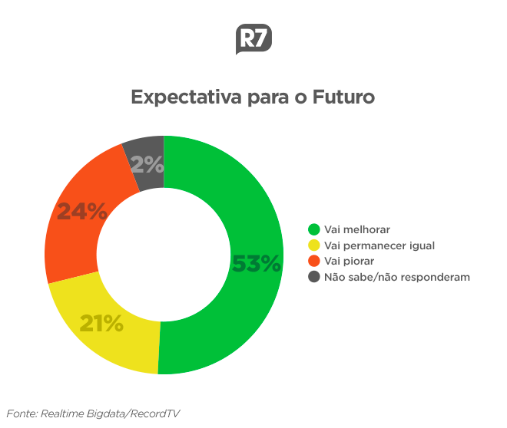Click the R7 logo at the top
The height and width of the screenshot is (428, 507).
coord(253,40)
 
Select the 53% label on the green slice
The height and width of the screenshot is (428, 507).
coord(257,264)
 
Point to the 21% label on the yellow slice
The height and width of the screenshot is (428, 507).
coord(101,324)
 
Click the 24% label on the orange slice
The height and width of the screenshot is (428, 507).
coord(82,212)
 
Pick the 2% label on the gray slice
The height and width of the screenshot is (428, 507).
coord(147,164)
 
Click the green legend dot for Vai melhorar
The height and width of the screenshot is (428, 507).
coord(313,230)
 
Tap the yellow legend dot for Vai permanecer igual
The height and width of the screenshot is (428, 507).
coord(313,245)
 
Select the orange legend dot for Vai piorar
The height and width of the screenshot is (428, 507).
coord(313,262)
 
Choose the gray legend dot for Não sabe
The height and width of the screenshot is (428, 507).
coord(313,277)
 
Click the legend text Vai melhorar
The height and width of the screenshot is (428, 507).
coord(357,230)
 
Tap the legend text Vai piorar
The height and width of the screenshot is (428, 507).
coord(350,262)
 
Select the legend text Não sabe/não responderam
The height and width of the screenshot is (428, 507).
coord(396,277)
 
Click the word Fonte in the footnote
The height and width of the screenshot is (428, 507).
coord(22,413)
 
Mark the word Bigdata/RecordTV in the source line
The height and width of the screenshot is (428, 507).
coord(138,413)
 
